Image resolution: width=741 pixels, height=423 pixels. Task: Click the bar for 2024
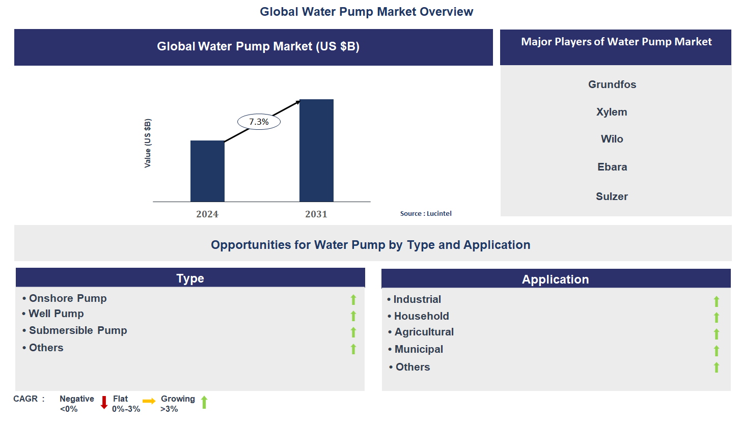pyautogui.click(x=207, y=171)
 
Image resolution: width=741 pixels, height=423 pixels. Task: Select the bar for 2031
pyautogui.click(x=316, y=150)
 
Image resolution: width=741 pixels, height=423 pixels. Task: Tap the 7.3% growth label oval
pyautogui.click(x=259, y=122)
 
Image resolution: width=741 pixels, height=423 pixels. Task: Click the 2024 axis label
pyautogui.click(x=207, y=214)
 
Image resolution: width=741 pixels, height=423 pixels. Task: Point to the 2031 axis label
pyautogui.click(x=316, y=214)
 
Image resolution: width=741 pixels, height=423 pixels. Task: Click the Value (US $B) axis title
pyautogui.click(x=148, y=143)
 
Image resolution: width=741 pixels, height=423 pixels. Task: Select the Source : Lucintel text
pyautogui.click(x=426, y=214)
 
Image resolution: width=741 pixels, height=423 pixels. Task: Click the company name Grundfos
pyautogui.click(x=612, y=84)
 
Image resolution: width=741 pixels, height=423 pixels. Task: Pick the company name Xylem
pyautogui.click(x=612, y=112)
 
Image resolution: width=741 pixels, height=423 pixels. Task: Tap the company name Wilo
pyautogui.click(x=612, y=139)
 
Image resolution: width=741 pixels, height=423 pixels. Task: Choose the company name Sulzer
pyautogui.click(x=612, y=196)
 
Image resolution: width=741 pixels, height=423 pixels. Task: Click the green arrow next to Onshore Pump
pyautogui.click(x=353, y=300)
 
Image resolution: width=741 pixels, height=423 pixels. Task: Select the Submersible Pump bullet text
pyautogui.click(x=78, y=330)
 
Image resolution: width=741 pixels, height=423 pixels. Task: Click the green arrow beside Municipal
pyautogui.click(x=716, y=351)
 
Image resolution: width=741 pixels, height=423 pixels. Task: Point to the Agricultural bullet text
pyautogui.click(x=424, y=332)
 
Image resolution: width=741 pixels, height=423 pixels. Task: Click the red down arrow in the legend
pyautogui.click(x=104, y=403)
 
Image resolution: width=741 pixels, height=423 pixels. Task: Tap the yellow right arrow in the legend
pyautogui.click(x=149, y=402)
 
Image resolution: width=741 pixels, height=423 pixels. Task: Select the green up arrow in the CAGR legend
pyautogui.click(x=204, y=403)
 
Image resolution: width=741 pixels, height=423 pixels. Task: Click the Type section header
pyautogui.click(x=190, y=278)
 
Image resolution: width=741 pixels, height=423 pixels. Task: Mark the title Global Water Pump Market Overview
pyautogui.click(x=367, y=11)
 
